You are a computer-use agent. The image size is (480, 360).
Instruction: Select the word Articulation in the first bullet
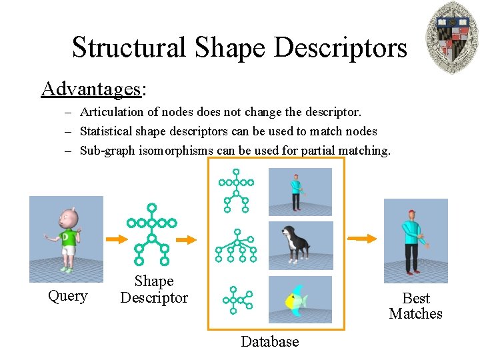click(x=110, y=113)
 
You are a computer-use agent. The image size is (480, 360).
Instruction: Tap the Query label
click(x=67, y=296)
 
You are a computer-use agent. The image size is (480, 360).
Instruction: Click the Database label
click(x=269, y=342)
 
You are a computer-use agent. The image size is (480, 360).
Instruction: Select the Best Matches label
click(x=416, y=306)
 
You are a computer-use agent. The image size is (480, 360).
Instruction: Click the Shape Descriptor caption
click(x=154, y=290)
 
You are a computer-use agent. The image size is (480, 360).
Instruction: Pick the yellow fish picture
click(x=300, y=299)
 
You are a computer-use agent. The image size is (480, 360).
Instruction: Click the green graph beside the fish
click(x=237, y=299)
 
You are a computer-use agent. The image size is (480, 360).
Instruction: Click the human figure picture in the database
click(x=300, y=191)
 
